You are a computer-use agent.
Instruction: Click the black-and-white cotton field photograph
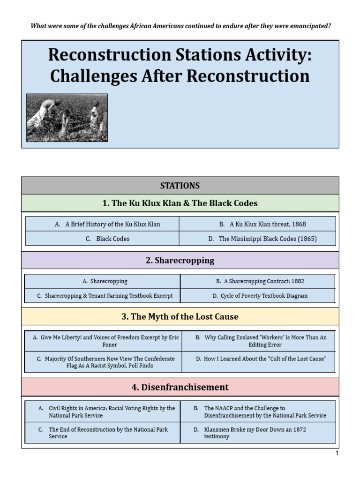(x=67, y=118)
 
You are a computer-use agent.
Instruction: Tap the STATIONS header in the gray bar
(x=180, y=186)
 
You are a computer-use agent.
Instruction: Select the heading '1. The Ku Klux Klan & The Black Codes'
(x=180, y=203)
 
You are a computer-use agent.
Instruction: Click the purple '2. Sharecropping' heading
(x=180, y=260)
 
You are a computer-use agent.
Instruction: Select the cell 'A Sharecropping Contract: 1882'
(x=257, y=281)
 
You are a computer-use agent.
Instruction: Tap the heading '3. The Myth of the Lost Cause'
(x=180, y=316)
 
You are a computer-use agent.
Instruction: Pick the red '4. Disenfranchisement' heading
(x=180, y=387)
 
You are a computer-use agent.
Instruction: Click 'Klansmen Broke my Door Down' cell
(x=258, y=433)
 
